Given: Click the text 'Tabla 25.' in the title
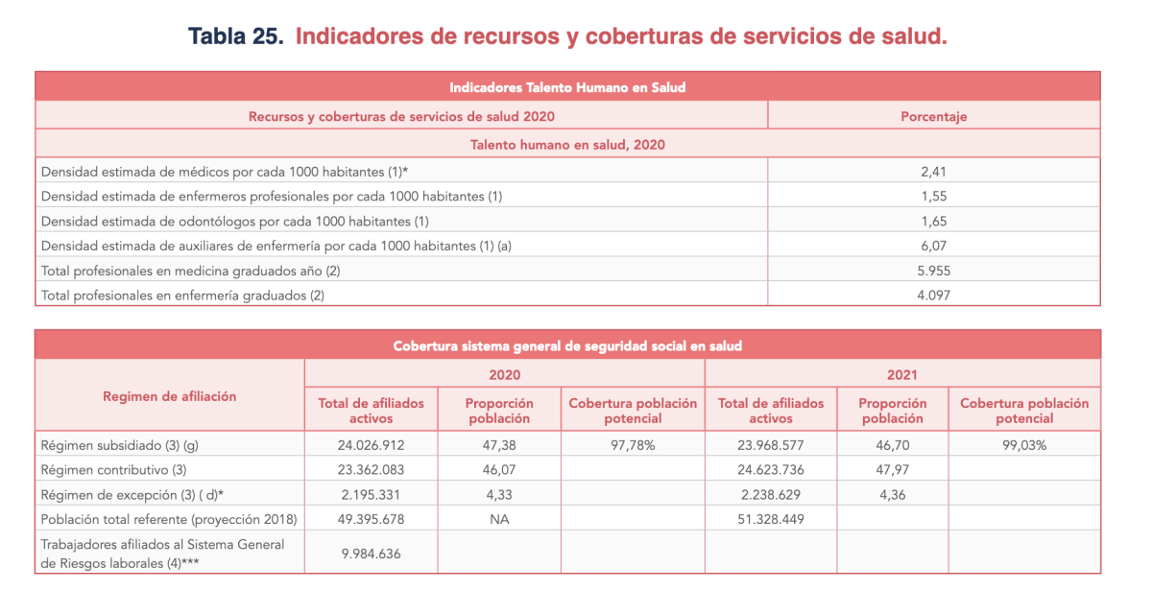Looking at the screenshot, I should coord(235,36).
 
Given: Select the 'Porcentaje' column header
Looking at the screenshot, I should coord(933,116).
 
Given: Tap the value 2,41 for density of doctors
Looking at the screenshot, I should coord(933,171).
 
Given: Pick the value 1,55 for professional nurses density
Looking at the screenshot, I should coord(933,196).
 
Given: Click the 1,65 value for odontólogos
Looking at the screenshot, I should coord(933,221).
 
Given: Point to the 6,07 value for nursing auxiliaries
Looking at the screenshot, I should coord(933,246).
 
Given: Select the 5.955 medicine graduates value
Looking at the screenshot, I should coord(933,271).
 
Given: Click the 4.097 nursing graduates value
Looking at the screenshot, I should coord(933,295).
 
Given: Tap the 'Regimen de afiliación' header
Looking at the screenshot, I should coord(170,395).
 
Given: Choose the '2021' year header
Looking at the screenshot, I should coord(902,374).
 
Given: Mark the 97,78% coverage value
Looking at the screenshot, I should coord(633,445).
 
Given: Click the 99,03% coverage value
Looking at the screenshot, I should coord(1024,445).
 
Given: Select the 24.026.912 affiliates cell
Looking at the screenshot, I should coord(371,445).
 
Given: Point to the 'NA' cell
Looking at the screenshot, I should coord(499,519).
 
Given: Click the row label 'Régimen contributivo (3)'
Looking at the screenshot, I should coord(113,470).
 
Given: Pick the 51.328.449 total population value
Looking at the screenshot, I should coord(770,519).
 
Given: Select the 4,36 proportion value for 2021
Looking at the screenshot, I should coord(892,495).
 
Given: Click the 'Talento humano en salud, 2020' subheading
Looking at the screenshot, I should coord(567,145).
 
